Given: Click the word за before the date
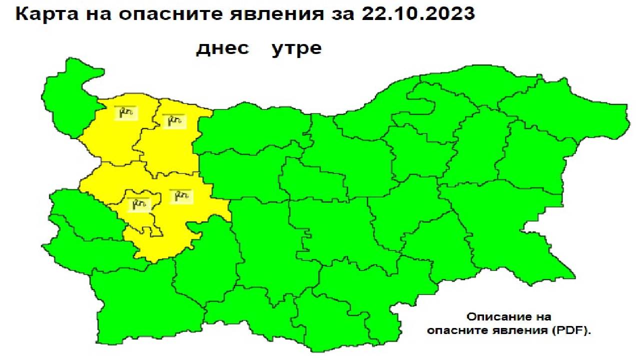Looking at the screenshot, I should pyautogui.click(x=342, y=15).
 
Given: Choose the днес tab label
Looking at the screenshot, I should pyautogui.click(x=222, y=49).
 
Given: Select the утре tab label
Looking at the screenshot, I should pyautogui.click(x=296, y=49).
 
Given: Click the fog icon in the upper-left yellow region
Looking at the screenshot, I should pyautogui.click(x=125, y=113).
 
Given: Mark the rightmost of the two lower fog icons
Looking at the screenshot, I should pyautogui.click(x=180, y=196).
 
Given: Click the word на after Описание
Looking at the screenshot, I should pyautogui.click(x=541, y=317).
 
